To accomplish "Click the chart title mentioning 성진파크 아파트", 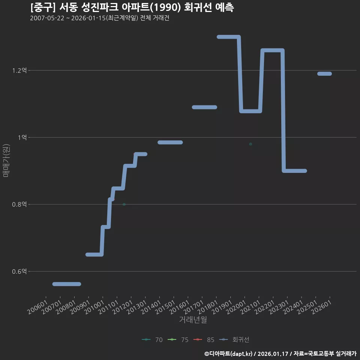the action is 132,7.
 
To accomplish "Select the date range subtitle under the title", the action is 100,18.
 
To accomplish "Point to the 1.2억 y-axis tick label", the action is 19,70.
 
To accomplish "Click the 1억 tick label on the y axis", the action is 22,137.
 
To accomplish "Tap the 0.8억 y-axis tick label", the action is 19,204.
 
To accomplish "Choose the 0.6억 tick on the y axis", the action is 19,271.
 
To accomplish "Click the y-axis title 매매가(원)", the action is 6,160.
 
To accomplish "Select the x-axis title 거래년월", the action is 193,319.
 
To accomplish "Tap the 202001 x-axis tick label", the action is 236,307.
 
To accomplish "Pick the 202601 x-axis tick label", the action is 321,307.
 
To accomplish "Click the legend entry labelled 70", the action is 152,340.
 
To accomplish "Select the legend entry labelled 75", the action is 178,340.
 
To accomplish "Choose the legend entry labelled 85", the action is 204,340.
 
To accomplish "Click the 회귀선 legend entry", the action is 234,340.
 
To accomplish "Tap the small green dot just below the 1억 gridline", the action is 250,144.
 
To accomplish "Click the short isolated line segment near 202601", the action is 324,73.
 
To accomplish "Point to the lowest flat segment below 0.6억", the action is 67,284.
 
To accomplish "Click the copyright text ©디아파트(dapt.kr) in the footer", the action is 228,354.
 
